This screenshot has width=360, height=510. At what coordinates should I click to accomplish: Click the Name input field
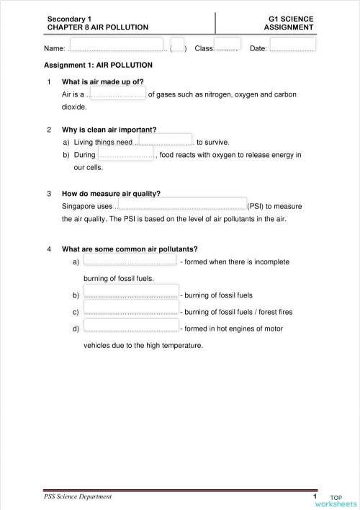[115, 45]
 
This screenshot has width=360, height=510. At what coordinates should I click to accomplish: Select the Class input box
[227, 45]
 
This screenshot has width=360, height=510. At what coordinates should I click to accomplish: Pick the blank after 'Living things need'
[165, 140]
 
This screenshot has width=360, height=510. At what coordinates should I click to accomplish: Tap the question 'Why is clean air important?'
[109, 130]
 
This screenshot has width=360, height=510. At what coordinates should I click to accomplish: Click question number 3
[48, 193]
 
